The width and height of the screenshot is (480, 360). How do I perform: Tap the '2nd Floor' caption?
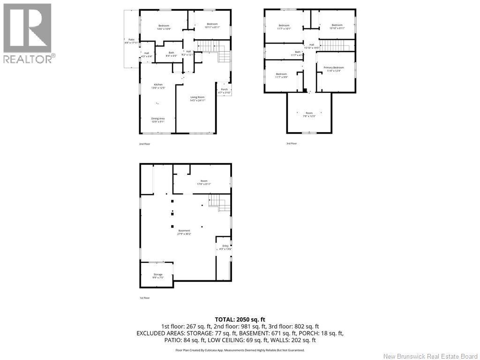[x=144, y=144]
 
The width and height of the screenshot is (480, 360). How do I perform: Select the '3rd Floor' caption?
[x=291, y=143]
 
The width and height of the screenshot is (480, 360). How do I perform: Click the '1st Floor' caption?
[x=144, y=298]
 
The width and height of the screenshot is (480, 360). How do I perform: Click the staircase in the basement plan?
[x=220, y=204]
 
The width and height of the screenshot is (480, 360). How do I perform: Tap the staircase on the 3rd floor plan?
[x=335, y=45]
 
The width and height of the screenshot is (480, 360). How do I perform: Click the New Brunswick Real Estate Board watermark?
[x=430, y=356]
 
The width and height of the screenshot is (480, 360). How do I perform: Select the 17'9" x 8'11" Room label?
[x=203, y=182]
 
